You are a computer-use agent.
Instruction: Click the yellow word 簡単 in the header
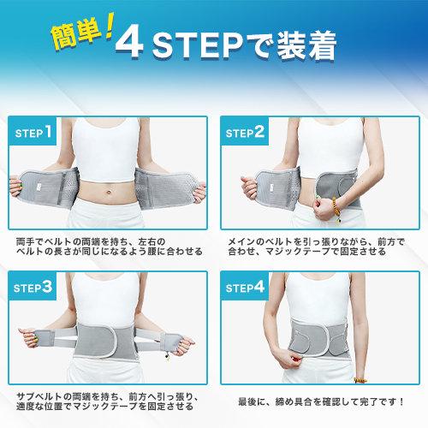click(x=76, y=35)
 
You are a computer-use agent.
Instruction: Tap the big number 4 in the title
click(x=129, y=43)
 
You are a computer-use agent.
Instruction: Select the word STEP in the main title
click(x=198, y=45)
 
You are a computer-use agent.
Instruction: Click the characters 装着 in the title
click(x=306, y=45)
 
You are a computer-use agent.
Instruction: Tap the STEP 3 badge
click(x=33, y=286)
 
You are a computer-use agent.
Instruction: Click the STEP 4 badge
click(x=245, y=286)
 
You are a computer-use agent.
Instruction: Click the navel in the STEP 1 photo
click(x=109, y=192)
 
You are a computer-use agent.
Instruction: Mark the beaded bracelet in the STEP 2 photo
click(x=336, y=208)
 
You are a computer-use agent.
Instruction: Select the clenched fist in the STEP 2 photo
click(x=323, y=210)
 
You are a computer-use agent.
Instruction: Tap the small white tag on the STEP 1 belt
click(x=39, y=187)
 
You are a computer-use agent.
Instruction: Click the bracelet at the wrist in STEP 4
click(x=360, y=380)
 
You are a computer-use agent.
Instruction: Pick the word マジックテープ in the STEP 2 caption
click(x=299, y=252)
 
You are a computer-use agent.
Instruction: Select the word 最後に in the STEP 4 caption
click(x=252, y=401)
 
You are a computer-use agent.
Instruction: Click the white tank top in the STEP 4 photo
click(x=318, y=297)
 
